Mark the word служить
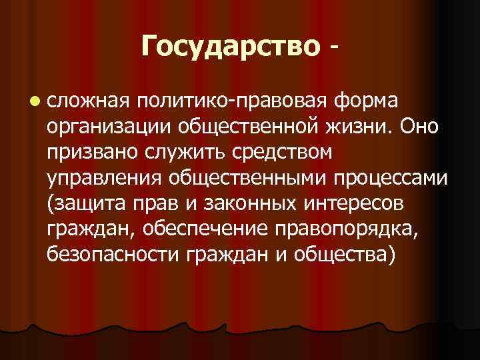(x=176, y=152)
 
